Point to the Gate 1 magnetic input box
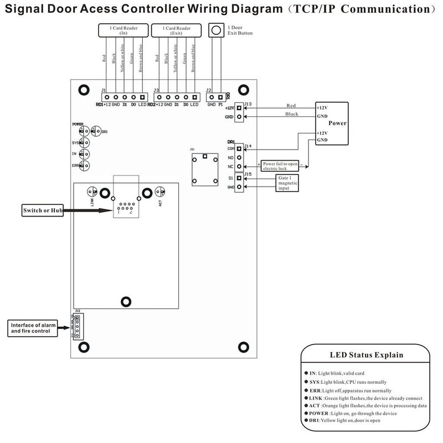tap(289, 184)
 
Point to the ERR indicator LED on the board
tap(84, 165)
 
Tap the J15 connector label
tap(248, 174)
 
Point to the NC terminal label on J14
tap(230, 166)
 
